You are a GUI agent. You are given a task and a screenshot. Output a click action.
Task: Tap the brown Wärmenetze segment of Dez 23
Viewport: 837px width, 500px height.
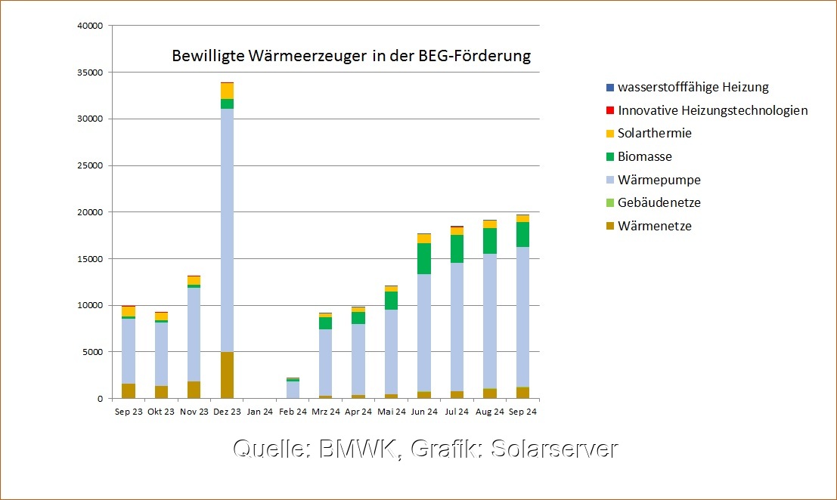227,375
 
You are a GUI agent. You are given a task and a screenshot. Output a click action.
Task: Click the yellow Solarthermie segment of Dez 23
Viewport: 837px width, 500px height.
227,91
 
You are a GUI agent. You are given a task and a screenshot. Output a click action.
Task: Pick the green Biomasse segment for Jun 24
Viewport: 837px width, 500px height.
424,258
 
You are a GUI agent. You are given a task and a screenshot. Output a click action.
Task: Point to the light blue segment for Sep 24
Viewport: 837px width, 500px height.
522,317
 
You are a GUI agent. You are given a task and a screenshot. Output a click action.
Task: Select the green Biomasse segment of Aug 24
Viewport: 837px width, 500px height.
490,241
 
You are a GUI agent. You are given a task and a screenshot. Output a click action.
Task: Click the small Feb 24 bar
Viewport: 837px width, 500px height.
293,388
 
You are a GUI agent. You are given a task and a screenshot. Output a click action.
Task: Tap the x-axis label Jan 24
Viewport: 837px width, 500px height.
259,412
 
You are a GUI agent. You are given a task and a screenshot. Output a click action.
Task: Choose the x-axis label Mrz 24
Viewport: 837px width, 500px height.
325,412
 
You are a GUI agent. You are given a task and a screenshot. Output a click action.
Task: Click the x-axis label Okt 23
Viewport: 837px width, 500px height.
161,412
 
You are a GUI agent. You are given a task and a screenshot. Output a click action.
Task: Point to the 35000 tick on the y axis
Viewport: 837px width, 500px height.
89,73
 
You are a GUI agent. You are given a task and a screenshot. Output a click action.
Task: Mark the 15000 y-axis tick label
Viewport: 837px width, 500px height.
89,259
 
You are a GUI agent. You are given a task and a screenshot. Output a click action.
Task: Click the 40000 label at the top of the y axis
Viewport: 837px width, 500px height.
89,26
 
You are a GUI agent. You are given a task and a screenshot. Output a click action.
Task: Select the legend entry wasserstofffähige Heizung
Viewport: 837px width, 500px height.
693,87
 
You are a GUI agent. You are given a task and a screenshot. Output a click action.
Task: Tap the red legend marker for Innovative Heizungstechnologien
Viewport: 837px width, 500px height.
609,110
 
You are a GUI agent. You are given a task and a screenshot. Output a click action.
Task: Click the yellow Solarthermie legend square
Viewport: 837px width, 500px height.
609,134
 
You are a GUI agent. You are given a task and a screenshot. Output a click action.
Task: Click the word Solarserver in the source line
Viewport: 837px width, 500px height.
554,449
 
